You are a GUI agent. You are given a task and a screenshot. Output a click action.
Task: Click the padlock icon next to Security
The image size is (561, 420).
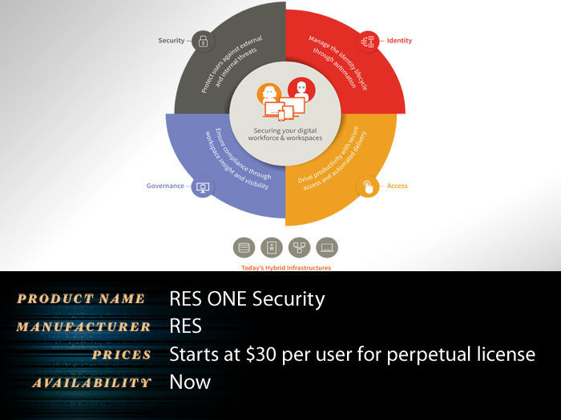pos(203,41)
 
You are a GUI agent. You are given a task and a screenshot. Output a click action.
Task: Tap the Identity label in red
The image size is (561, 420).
pos(399,41)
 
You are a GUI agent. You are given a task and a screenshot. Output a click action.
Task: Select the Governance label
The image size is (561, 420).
pos(165,186)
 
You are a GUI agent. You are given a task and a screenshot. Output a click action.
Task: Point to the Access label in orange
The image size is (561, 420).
pos(398,186)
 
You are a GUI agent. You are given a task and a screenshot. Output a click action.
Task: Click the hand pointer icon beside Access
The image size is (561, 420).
pos(368,186)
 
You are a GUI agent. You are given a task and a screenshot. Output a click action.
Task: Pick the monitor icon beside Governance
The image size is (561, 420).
pos(203,186)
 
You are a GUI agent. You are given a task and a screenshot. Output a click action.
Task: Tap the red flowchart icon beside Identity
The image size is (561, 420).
pos(368,42)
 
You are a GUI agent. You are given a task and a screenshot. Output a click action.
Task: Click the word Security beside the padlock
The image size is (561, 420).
pos(172,40)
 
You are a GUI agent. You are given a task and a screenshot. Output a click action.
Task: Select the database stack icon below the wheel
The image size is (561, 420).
pos(244,247)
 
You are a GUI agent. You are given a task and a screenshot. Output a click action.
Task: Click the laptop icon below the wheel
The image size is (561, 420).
pos(327,247)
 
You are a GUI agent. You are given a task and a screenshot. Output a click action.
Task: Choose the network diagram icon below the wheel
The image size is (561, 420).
pos(300,247)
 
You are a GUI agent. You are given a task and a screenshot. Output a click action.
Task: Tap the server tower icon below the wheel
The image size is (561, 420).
pos(272,247)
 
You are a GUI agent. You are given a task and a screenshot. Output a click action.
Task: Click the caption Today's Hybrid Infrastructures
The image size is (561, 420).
pos(286,267)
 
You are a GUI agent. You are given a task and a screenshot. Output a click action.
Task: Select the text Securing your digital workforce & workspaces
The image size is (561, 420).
pos(285,134)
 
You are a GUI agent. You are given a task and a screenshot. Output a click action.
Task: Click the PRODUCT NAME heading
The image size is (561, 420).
pos(81,298)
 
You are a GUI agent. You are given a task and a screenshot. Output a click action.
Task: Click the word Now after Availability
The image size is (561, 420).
pos(190,382)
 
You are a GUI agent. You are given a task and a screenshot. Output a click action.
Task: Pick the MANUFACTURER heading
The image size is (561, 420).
pos(83,326)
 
